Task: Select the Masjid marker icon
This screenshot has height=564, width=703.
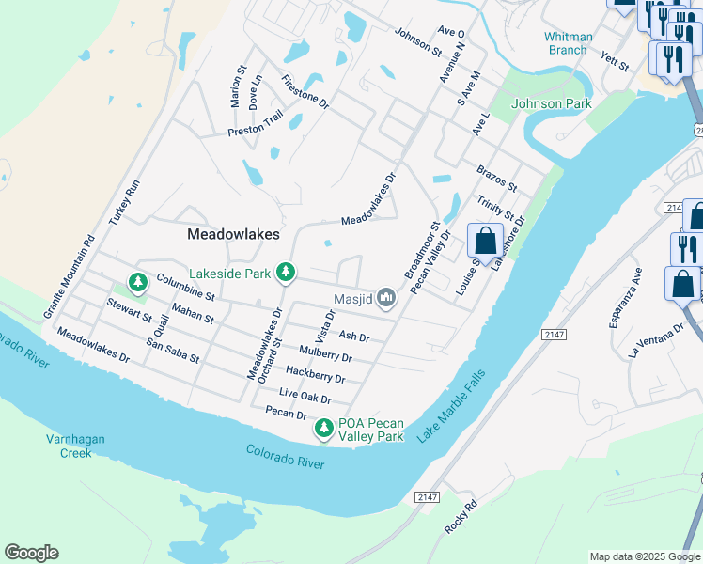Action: pyautogui.click(x=386, y=299)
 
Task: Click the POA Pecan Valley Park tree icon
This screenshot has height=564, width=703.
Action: pyautogui.click(x=324, y=429)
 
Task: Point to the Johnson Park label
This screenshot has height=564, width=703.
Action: pyautogui.click(x=552, y=103)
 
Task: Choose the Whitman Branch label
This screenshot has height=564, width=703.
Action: pyautogui.click(x=569, y=43)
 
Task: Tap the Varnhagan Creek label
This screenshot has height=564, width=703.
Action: pyautogui.click(x=75, y=446)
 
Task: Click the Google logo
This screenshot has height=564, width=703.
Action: pyautogui.click(x=31, y=553)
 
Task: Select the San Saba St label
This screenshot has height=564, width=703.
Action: pyautogui.click(x=173, y=352)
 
